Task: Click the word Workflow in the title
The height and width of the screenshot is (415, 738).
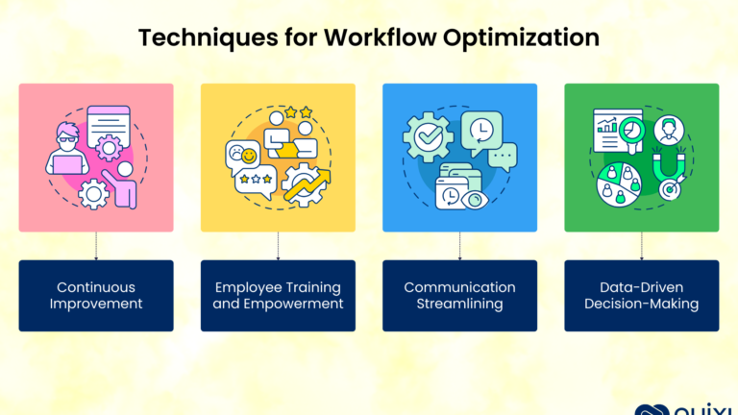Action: (381, 37)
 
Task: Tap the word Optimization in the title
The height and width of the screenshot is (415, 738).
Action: (521, 38)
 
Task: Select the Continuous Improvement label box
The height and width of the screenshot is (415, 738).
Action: (96, 296)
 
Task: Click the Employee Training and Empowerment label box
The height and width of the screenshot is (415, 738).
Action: (278, 296)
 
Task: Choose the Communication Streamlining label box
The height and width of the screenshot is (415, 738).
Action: (459, 296)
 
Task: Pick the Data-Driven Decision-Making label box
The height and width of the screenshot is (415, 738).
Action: (642, 296)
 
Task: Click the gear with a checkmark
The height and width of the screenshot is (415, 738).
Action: (428, 137)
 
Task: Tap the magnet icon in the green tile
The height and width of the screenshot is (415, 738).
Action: (669, 164)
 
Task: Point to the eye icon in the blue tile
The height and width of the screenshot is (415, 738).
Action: (475, 200)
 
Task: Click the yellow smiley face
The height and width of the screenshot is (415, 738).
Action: (249, 156)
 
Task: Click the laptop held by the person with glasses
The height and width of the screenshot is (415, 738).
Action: (67, 164)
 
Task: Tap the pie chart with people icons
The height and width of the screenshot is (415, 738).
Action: (619, 184)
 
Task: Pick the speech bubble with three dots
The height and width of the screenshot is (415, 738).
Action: (503, 157)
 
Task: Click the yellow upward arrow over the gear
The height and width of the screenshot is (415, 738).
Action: (307, 184)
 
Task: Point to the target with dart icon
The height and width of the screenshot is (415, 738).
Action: (672, 188)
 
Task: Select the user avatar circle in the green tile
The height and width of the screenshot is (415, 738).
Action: (669, 131)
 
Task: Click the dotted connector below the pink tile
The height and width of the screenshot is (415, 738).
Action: (96, 246)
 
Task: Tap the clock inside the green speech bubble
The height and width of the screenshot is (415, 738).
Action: (481, 130)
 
